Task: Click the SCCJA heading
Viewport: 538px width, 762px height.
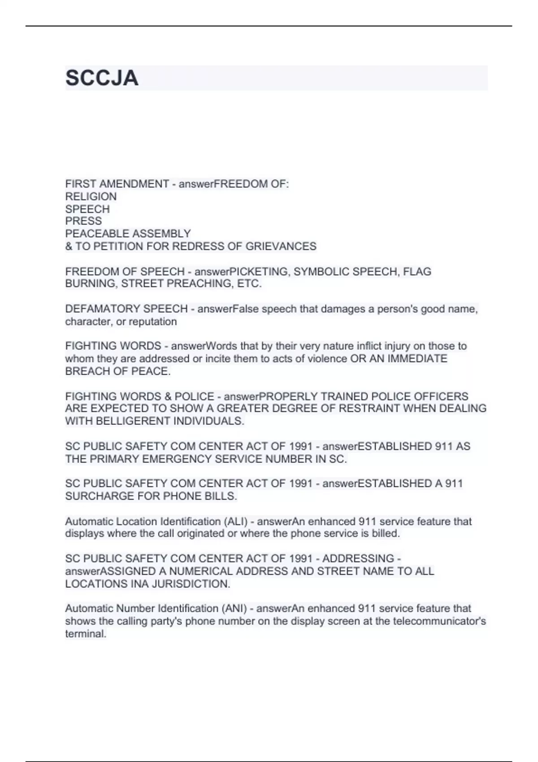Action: click(102, 78)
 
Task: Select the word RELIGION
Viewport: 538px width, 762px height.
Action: click(91, 196)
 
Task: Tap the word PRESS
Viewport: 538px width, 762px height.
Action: click(83, 221)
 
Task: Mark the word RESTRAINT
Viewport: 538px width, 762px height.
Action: click(369, 408)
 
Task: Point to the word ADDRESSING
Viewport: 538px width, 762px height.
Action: click(358, 559)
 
